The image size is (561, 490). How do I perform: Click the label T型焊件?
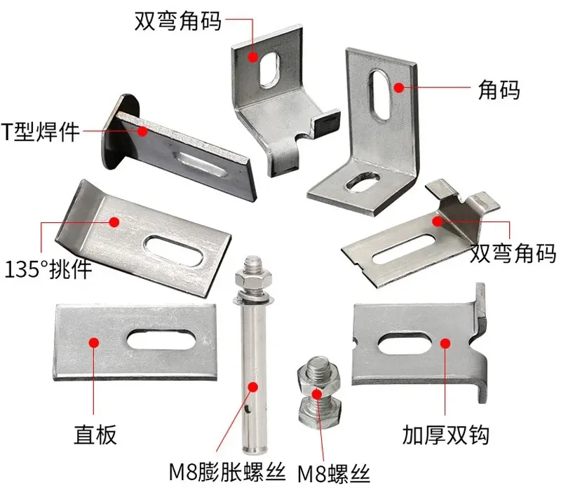click(x=40, y=132)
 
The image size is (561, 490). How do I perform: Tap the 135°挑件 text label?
click(x=48, y=269)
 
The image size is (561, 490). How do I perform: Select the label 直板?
click(x=95, y=435)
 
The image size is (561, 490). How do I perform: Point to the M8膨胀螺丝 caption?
click(x=227, y=472)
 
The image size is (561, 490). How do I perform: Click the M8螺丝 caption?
click(x=334, y=475)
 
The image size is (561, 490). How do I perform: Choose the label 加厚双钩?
click(x=445, y=435)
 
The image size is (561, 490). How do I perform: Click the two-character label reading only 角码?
click(x=499, y=90)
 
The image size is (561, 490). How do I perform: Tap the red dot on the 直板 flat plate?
click(x=94, y=343)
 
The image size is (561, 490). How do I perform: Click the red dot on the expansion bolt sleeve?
click(x=253, y=387)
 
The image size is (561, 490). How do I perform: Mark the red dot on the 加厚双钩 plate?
click(x=445, y=343)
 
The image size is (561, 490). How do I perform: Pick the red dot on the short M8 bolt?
click(x=317, y=394)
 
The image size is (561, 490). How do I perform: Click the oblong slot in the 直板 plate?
click(x=161, y=340)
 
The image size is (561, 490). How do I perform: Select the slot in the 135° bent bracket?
click(x=173, y=250)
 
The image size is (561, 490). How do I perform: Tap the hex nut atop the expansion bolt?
click(x=253, y=278)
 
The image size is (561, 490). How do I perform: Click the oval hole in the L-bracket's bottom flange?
click(x=363, y=181)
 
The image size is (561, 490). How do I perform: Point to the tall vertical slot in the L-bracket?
click(x=380, y=95)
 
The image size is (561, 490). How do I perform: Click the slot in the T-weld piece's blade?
click(x=200, y=165)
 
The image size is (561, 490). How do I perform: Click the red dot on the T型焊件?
click(x=142, y=131)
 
